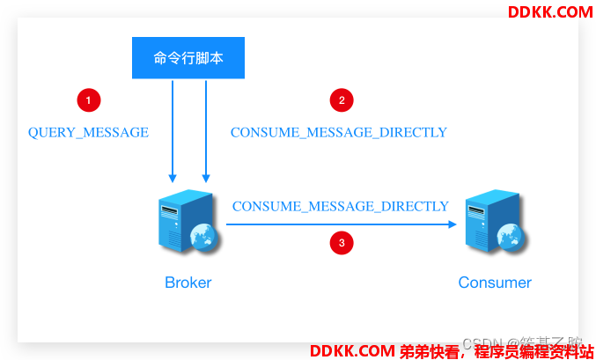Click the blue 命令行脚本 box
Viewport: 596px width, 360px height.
coord(188,59)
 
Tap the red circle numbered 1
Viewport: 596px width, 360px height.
coord(88,99)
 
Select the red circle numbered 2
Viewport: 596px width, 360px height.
coord(342,99)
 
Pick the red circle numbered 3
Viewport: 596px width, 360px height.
coord(342,241)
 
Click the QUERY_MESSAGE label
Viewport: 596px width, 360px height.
coord(88,133)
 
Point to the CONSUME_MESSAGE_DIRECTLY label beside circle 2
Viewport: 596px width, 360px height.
coord(339,133)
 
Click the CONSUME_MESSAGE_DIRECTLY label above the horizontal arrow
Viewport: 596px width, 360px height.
coord(341,206)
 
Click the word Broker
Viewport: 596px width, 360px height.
coord(188,283)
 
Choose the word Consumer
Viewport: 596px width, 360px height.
coord(495,283)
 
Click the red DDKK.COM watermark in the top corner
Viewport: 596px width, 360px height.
coord(550,11)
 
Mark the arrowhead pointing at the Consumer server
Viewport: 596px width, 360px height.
coord(454,224)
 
